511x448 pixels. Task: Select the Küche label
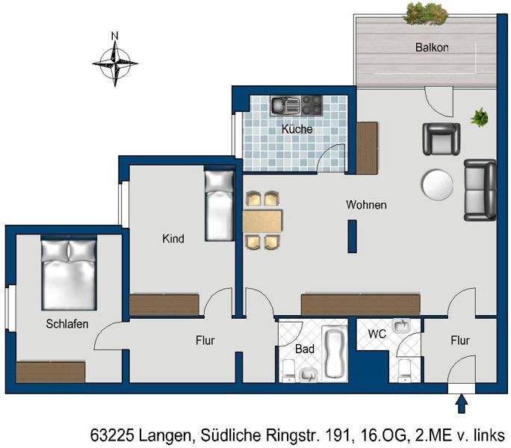pos(297,129)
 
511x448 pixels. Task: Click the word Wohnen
pos(365,205)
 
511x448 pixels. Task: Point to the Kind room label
pos(173,239)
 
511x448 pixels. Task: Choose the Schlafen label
pos(67,324)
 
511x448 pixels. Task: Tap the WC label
pos(377,334)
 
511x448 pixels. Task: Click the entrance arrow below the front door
pos(462,404)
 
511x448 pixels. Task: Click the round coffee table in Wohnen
pos(437,185)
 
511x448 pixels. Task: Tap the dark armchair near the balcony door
pos(441,138)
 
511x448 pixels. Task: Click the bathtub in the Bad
pos(334,351)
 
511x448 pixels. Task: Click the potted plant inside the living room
pos(479,116)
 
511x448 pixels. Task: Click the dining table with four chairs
pos(263,220)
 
